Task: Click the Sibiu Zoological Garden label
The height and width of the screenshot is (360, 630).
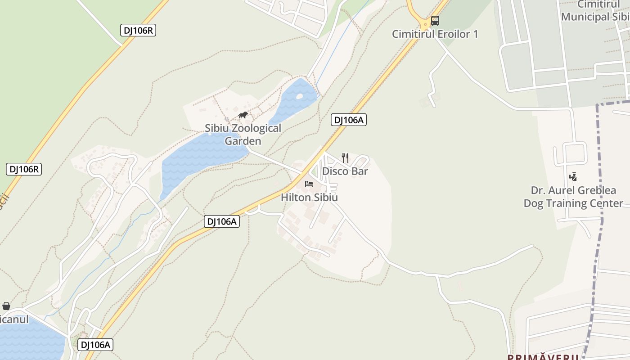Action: coord(243,135)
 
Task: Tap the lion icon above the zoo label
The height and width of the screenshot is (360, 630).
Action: coord(243,115)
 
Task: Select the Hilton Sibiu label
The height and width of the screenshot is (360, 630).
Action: coord(309,198)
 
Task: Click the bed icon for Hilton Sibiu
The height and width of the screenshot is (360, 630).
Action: coord(309,184)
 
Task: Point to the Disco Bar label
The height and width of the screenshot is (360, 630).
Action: coord(345,171)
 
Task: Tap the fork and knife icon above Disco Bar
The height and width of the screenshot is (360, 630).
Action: coord(345,158)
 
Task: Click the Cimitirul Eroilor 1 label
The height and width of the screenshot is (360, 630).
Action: coord(435,34)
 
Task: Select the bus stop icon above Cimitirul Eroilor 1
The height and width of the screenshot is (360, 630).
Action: coord(435,21)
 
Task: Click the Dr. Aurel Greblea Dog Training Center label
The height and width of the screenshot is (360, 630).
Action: coord(573,197)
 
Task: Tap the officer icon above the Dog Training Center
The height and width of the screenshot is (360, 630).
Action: coord(573,177)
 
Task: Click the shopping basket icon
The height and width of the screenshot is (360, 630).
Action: coord(6,306)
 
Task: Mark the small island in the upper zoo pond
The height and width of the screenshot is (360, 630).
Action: coord(300,96)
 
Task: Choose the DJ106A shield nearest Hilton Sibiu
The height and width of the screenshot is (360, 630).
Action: coord(221,221)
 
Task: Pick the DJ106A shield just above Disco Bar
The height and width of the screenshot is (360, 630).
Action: coord(349,120)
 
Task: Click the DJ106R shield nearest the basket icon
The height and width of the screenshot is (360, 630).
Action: coord(24,169)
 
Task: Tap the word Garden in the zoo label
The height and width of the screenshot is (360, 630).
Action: coord(243,141)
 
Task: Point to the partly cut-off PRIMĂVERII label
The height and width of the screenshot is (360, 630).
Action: coord(543,357)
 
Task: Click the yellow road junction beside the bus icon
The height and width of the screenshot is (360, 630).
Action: coord(424,22)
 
